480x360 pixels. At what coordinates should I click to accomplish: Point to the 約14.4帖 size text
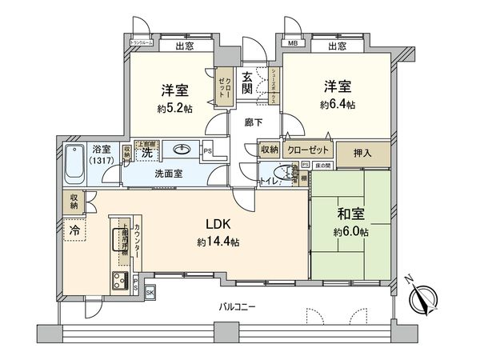click(210, 242)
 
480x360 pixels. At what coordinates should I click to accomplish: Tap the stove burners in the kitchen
click(121, 279)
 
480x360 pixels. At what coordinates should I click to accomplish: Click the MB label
click(292, 46)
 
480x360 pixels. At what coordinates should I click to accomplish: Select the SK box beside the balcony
click(150, 293)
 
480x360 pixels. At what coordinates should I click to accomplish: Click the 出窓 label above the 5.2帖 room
click(184, 46)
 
